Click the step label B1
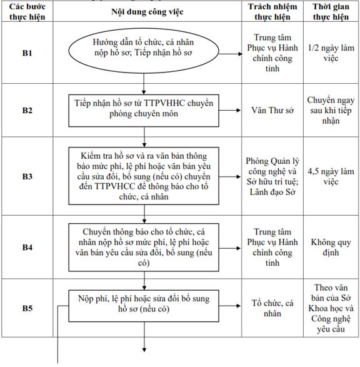27,53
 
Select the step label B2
27,110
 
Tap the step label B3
27,176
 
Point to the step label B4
27,247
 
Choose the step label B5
27,308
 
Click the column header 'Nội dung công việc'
147,12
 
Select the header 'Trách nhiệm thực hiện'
272,12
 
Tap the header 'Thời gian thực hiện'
331,12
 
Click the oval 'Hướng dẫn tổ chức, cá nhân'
144,51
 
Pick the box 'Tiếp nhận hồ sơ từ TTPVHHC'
144,111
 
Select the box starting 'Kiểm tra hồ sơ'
144,176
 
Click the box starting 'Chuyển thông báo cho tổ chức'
144,248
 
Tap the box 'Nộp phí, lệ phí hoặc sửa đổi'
144,306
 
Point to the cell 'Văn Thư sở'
272,110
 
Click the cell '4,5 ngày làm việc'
331,176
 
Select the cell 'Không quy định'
331,248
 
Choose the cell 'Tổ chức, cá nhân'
272,308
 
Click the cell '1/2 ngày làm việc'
331,53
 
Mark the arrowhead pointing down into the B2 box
144,92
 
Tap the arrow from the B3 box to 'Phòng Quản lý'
230,177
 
